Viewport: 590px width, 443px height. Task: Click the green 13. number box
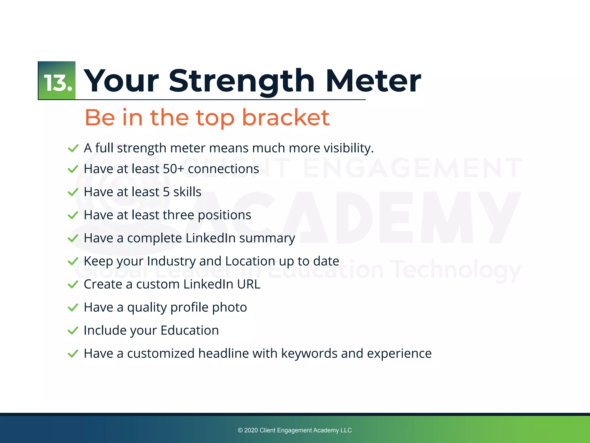click(57, 80)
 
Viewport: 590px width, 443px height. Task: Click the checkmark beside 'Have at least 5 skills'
click(73, 192)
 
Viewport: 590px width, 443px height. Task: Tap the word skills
click(187, 192)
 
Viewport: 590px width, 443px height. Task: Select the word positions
click(224, 215)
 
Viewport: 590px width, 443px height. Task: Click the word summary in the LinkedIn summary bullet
click(267, 239)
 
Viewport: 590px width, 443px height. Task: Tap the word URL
click(249, 284)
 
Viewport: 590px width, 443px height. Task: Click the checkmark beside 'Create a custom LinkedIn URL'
click(73, 285)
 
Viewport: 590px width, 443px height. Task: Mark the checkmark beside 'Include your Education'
click(73, 331)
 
